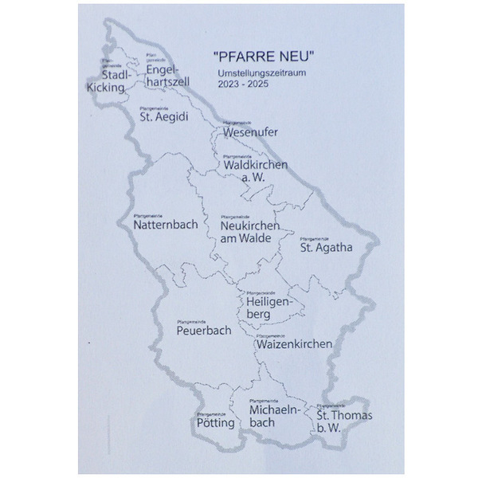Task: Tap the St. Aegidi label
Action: click(x=164, y=116)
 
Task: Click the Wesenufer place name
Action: click(x=250, y=131)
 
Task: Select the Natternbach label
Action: click(x=166, y=225)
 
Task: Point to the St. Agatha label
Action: click(x=326, y=247)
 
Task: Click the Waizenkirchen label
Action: click(x=294, y=344)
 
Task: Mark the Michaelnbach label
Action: click(x=273, y=416)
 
